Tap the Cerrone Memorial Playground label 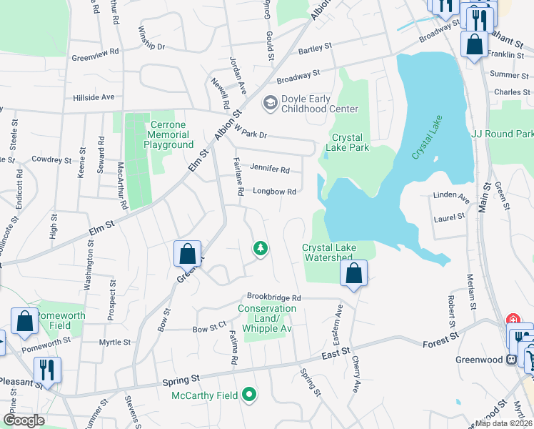(168, 134)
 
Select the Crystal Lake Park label (347, 142)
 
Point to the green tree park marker (261, 248)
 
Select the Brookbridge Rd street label (274, 297)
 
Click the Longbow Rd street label (273, 192)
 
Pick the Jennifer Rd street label (270, 169)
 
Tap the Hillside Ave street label (94, 97)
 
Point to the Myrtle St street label (115, 342)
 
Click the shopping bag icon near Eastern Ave (353, 274)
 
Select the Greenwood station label (480, 360)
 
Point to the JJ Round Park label (503, 134)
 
